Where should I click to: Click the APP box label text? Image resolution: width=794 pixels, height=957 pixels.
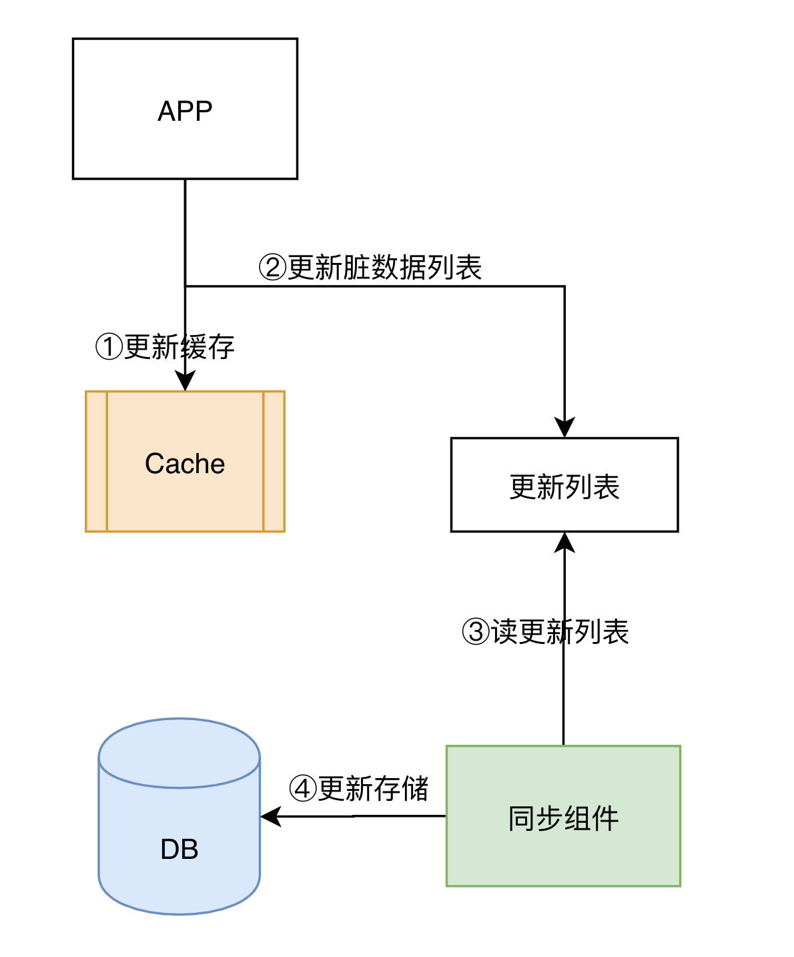tap(185, 111)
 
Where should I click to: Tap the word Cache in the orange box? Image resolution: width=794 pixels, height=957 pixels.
tap(185, 464)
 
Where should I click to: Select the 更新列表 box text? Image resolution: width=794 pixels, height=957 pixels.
tap(564, 487)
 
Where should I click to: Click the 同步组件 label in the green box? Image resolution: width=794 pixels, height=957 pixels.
tap(563, 818)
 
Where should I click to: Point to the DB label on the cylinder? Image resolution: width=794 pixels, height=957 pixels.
tap(179, 849)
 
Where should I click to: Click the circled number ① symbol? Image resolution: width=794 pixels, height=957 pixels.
tap(109, 347)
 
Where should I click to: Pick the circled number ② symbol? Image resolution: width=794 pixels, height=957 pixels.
tap(272, 268)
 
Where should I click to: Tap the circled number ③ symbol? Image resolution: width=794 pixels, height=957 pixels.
tap(476, 631)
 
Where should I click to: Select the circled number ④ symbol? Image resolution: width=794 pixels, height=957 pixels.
tap(303, 789)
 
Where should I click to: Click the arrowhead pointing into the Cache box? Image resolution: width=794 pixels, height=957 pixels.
tap(185, 382)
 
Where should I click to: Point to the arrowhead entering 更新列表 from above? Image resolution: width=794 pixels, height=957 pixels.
tap(564, 428)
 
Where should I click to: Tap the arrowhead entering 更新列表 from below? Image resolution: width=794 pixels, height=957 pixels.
tap(564, 542)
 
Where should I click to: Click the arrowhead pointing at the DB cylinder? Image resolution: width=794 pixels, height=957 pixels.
tap(270, 816)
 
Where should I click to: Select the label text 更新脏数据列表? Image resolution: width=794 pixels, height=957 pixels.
tap(385, 268)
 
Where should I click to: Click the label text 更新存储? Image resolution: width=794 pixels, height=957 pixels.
tap(373, 789)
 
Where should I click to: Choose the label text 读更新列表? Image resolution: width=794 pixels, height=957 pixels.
tap(560, 631)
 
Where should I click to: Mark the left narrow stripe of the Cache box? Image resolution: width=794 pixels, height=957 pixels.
tap(97, 461)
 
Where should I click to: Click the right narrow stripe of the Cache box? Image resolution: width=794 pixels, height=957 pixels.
tap(274, 461)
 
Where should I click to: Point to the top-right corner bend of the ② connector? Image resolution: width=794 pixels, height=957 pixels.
tap(564, 286)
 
